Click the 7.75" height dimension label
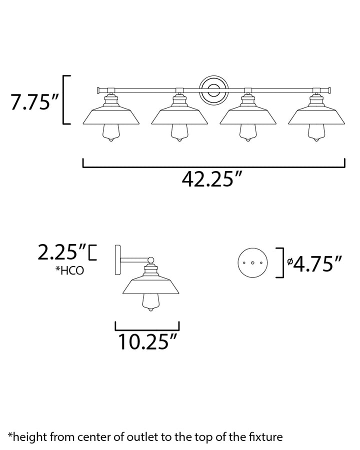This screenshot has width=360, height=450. pos(34,101)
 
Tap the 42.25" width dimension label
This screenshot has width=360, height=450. pos(212,179)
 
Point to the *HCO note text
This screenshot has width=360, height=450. pos(70,270)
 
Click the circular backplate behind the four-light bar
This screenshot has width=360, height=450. pos(214,90)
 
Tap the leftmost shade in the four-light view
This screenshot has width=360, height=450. pos(111,116)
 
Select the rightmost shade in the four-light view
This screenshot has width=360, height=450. pos(316,116)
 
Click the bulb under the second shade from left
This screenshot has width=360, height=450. pos(179,133)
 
